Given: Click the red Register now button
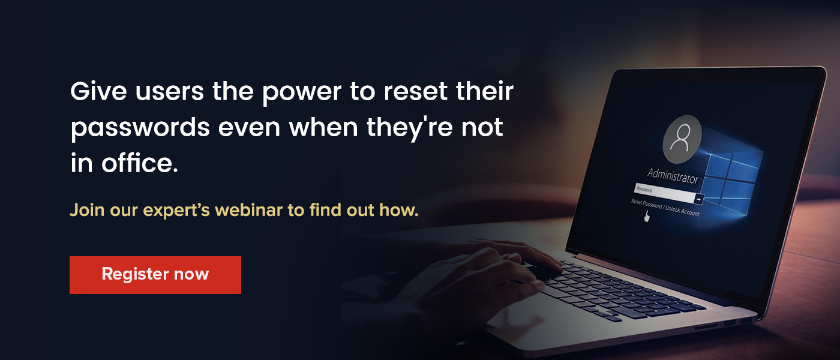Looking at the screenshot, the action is [155, 275].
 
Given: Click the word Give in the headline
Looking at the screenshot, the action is [98, 91].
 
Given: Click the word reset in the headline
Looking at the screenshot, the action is [415, 91].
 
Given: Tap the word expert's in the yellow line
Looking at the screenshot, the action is [176, 211].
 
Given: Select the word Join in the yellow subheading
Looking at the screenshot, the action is [87, 210].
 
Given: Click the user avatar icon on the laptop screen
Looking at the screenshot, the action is [682, 139].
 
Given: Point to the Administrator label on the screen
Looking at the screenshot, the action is [673, 176].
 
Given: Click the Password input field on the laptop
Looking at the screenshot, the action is [664, 193].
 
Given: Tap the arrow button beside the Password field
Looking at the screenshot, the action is [699, 199].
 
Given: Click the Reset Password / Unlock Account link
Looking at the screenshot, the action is [665, 208].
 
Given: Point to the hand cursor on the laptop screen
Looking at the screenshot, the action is [646, 217].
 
